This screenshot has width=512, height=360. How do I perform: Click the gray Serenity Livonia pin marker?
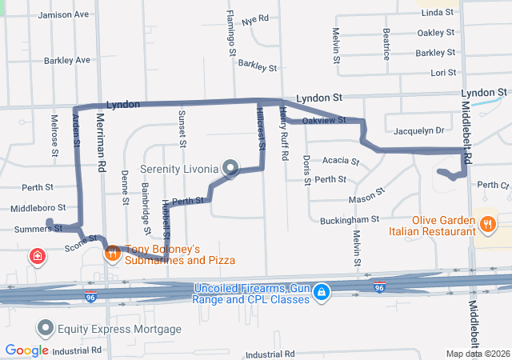coord(231,168)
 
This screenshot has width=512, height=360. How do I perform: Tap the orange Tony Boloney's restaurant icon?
coord(113,254)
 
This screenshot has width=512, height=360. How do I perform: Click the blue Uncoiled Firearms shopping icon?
coord(322,292)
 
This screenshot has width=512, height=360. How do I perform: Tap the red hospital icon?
coord(37,257)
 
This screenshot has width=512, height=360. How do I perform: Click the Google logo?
coord(26,350)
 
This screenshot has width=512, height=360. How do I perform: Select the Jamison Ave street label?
coord(63,14)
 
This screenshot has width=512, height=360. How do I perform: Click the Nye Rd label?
coord(255,18)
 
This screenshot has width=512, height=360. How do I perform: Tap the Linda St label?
coord(438,14)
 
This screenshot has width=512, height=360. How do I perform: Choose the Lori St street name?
coord(442,73)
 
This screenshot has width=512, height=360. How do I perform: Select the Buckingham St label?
coord(349,219)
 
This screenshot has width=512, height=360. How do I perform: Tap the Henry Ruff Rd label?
coord(283,136)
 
